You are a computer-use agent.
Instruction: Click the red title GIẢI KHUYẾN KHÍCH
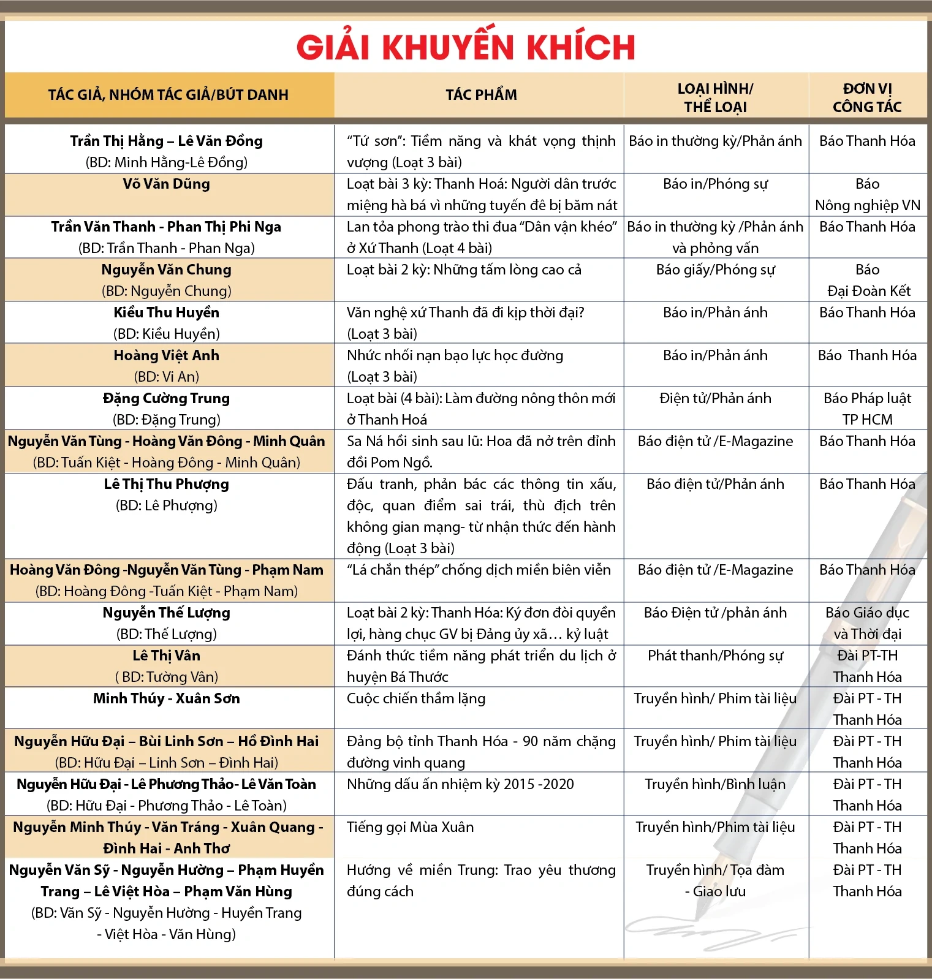pos(466,47)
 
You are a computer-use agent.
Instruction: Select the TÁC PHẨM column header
pos(481,95)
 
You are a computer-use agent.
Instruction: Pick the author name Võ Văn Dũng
pos(166,184)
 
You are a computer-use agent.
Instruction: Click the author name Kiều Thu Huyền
pos(166,312)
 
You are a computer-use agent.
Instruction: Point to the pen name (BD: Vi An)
pos(166,377)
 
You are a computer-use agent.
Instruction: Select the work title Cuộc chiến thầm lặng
pos(416,698)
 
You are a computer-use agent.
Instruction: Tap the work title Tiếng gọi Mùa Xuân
pos(410,827)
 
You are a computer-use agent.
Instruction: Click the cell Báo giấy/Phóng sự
pos(715,270)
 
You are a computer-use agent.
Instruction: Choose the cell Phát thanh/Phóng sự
pos(715,656)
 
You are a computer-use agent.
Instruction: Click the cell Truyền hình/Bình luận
pos(715,784)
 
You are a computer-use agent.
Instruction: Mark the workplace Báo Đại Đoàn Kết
pos(868,281)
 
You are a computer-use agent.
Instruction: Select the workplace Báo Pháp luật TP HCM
pos(867,409)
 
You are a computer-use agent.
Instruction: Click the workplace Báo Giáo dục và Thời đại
pos(867,623)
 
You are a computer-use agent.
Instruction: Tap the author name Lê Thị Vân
pos(166,656)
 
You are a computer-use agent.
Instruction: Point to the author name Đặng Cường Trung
pos(166,398)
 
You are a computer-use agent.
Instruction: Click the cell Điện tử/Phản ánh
pos(715,398)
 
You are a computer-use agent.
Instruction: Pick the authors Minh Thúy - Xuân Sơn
pos(166,698)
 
